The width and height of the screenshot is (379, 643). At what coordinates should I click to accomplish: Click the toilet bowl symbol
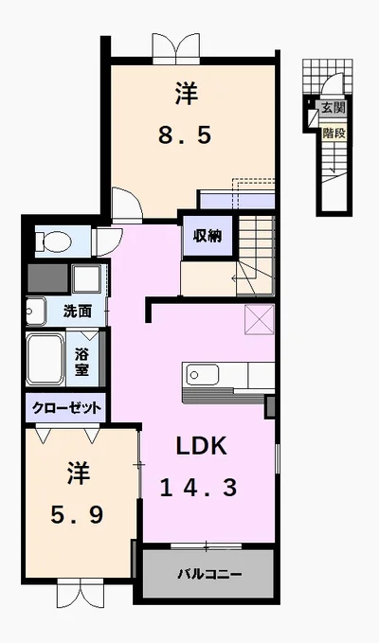pyautogui.click(x=53, y=241)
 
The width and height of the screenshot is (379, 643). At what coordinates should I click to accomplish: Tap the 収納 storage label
pyautogui.click(x=208, y=236)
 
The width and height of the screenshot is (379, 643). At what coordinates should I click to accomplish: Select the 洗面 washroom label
pyautogui.click(x=77, y=312)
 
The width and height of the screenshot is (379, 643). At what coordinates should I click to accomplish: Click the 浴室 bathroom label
pyautogui.click(x=81, y=362)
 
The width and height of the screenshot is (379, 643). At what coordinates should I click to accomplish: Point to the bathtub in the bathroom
pyautogui.click(x=45, y=359)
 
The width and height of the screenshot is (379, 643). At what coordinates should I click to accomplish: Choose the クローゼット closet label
pyautogui.click(x=66, y=408)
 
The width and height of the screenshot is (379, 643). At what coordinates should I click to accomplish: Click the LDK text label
pyautogui.click(x=201, y=446)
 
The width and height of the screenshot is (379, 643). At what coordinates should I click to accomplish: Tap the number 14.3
pyautogui.click(x=199, y=488)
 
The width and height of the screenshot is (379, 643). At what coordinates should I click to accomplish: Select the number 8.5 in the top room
pyautogui.click(x=186, y=134)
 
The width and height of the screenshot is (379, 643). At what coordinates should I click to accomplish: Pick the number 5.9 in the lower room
pyautogui.click(x=77, y=515)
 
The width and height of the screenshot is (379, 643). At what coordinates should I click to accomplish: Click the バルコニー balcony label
pyautogui.click(x=209, y=574)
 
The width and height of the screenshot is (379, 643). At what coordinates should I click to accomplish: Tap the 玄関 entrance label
pyautogui.click(x=334, y=108)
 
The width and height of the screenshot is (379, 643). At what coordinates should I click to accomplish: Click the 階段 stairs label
pyautogui.click(x=334, y=134)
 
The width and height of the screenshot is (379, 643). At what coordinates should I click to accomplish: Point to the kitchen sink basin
pyautogui.click(x=202, y=374)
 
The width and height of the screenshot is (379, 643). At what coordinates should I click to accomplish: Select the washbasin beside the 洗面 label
pyautogui.click(x=35, y=311)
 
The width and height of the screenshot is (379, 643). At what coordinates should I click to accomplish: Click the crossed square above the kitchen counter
pyautogui.click(x=259, y=319)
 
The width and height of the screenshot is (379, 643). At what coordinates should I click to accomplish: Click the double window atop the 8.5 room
pyautogui.click(x=176, y=48)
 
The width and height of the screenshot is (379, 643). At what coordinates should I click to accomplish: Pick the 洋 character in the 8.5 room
pyautogui.click(x=187, y=93)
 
